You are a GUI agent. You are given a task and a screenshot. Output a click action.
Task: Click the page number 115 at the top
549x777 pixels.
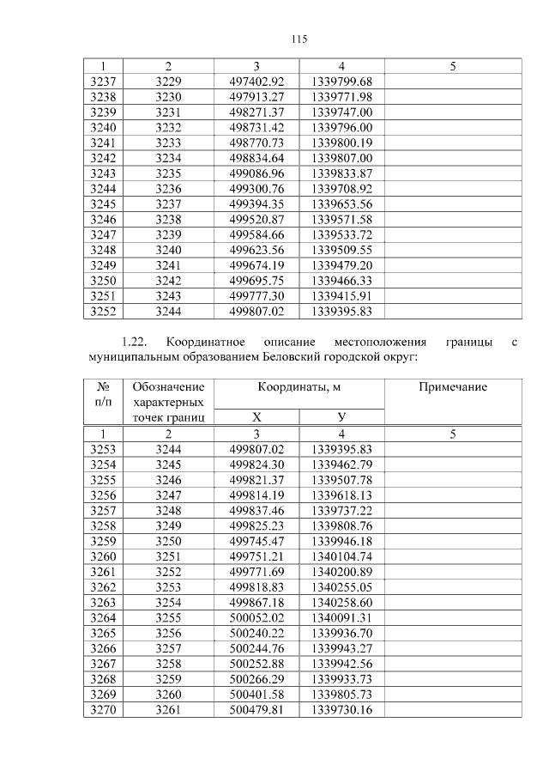point(299,39)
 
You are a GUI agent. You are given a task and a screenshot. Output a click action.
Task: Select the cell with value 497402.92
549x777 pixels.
point(256,82)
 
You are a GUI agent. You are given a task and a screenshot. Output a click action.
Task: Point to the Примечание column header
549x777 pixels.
point(452,387)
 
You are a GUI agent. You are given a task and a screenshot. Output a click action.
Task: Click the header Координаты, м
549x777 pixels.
point(299,387)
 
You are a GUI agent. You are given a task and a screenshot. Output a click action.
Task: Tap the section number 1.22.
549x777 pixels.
point(136,343)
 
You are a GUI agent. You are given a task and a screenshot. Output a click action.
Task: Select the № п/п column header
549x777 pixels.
point(103,395)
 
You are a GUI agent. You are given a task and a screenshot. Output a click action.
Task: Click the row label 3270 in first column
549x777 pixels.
point(103,710)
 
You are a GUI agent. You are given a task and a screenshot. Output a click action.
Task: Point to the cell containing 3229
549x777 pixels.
point(169,82)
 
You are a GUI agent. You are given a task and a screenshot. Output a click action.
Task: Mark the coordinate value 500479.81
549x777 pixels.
point(256,710)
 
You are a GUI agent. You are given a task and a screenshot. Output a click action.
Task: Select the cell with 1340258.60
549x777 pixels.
point(341,603)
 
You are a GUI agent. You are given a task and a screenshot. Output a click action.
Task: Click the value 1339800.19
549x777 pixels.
point(341,143)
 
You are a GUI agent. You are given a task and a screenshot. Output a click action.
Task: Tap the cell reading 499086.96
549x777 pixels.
point(256,173)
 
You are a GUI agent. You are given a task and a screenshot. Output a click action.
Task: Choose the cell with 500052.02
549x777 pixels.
point(256,618)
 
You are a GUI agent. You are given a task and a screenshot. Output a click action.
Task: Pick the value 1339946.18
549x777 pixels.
point(341,542)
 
